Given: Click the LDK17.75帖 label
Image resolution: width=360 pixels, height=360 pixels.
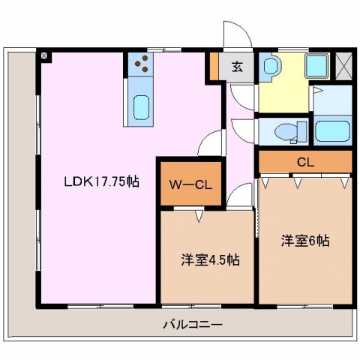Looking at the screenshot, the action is click(102, 181).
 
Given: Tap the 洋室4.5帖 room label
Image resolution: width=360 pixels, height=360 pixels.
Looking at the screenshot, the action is click(211, 260).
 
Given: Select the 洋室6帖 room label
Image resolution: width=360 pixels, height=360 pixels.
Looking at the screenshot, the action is click(305, 241).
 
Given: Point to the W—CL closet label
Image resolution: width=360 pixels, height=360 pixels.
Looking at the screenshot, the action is click(190, 185).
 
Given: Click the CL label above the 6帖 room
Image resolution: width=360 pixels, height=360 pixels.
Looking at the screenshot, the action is click(305, 163).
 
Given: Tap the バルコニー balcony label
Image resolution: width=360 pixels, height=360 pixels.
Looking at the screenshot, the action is click(193, 325).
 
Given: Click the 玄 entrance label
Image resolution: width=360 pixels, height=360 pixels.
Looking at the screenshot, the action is click(237, 66).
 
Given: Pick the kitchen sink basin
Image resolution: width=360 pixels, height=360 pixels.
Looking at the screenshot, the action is click(141, 107).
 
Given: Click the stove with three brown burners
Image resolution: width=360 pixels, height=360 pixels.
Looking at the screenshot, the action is click(141, 64).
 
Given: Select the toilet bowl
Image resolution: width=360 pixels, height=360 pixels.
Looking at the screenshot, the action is click(286, 131).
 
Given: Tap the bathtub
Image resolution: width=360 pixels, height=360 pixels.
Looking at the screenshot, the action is click(332, 131).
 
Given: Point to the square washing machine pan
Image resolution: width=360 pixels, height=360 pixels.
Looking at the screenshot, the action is click(316, 65).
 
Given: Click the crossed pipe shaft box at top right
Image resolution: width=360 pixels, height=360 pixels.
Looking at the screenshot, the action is click(343, 66).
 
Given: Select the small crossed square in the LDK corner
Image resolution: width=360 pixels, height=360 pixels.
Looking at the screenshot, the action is click(44, 55).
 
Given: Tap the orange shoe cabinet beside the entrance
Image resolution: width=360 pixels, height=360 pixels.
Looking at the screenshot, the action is click(214, 66).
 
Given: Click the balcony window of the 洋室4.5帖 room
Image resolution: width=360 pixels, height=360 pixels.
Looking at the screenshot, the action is click(191, 306).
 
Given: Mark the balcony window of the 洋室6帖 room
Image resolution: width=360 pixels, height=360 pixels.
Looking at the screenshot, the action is click(305, 306).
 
